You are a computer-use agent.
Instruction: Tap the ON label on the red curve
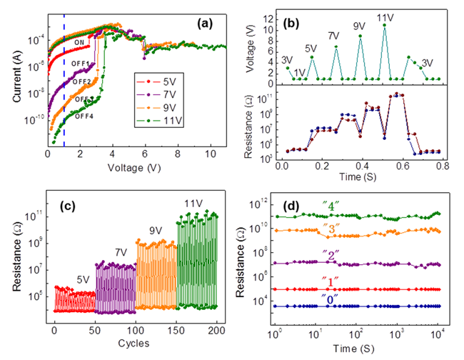[80, 43]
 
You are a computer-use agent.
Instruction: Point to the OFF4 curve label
[80, 112]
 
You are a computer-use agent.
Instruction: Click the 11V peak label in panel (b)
[386, 19]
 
